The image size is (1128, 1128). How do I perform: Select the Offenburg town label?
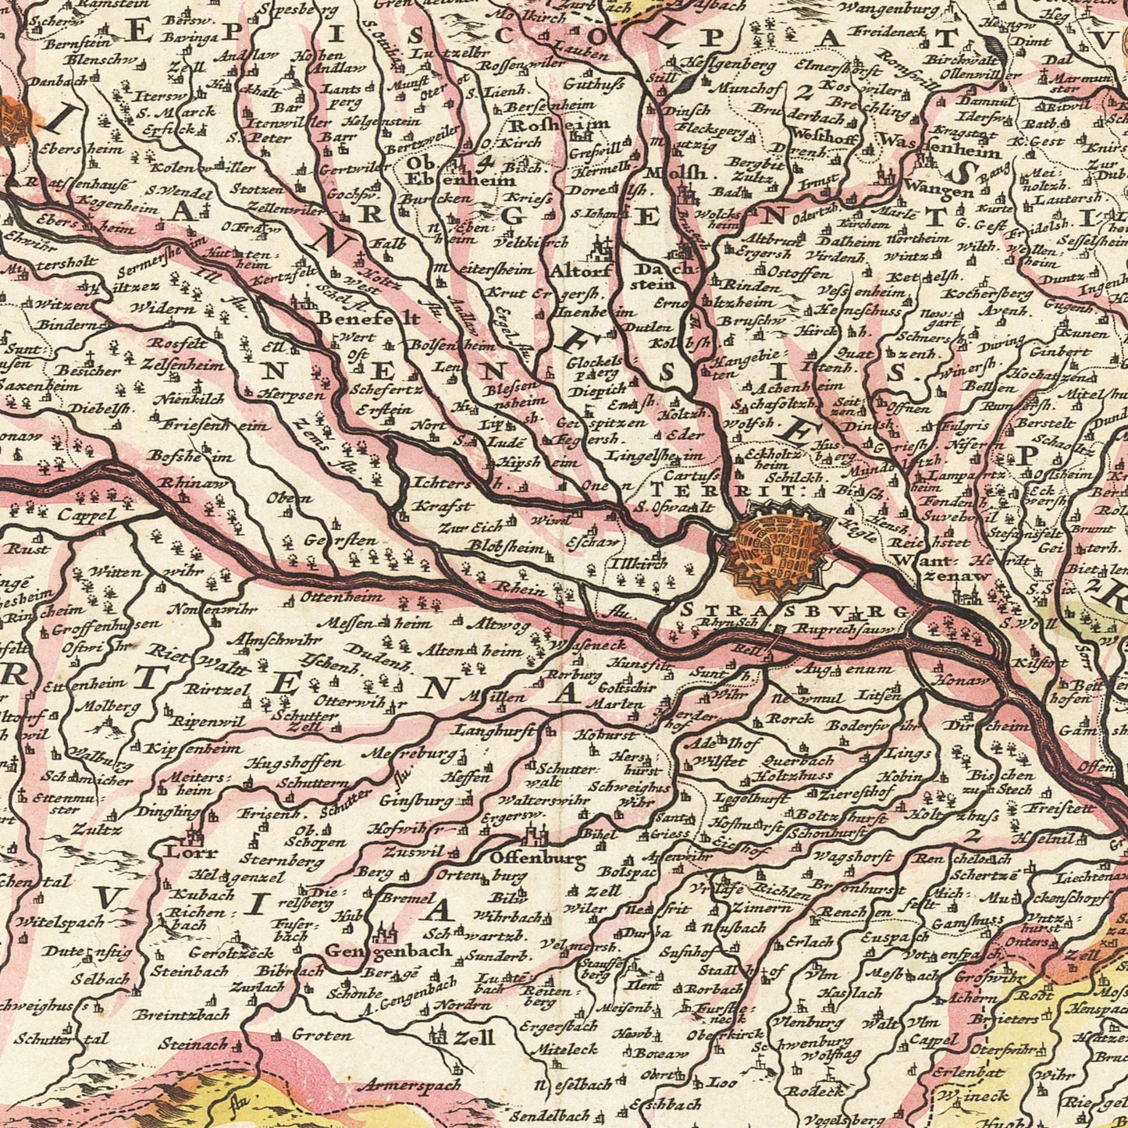[x=538, y=859]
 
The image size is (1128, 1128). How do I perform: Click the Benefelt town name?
[x=368, y=318]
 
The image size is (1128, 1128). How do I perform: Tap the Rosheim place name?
[x=559, y=125]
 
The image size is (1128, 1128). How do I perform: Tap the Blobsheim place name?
[x=507, y=549]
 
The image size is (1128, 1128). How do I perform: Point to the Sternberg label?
[x=270, y=862]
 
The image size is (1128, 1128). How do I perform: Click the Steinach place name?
[x=192, y=1043]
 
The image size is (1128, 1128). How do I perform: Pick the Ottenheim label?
[x=343, y=597]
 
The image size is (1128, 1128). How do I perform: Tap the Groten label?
[x=322, y=1035]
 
